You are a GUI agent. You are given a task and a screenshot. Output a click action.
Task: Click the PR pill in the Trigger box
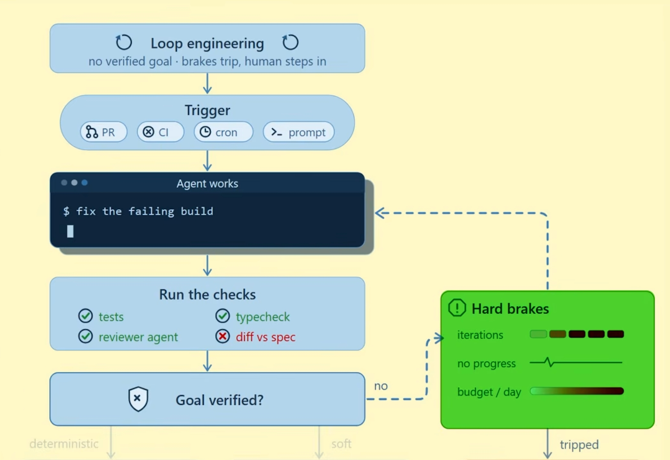coord(103,132)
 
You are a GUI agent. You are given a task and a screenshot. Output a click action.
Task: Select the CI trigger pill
coord(161,132)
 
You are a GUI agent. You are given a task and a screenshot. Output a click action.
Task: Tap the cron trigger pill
coord(223,132)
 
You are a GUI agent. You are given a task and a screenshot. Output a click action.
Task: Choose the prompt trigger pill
coord(299,132)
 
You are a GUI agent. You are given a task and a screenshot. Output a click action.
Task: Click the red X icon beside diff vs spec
coord(223,336)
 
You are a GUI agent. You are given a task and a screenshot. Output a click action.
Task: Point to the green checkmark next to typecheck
coord(223,316)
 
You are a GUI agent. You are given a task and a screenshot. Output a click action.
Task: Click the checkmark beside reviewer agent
coord(85,336)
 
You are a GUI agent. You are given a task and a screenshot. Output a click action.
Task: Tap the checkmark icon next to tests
coord(85,316)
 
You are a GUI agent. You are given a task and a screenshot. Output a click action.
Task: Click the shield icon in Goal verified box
coord(138,399)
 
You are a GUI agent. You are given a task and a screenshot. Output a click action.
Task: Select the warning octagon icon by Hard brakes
coord(457,308)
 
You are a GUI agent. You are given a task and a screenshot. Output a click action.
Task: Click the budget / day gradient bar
coord(577,391)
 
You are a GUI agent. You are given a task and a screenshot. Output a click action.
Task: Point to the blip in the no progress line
coord(549,362)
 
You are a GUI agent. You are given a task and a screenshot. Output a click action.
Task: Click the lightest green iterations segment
coord(538,334)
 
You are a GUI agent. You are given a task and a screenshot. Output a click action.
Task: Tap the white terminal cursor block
coord(70,231)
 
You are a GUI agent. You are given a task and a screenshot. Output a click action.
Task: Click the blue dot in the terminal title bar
coord(85,182)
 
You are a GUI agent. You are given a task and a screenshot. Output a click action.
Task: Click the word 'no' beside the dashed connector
coord(381,386)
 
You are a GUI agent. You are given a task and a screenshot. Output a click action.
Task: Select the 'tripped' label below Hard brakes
coord(579,445)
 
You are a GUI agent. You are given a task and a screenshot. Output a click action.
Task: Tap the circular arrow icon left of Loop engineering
coord(124,42)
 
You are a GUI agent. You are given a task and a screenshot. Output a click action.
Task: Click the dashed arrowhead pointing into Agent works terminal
coord(379,213)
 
